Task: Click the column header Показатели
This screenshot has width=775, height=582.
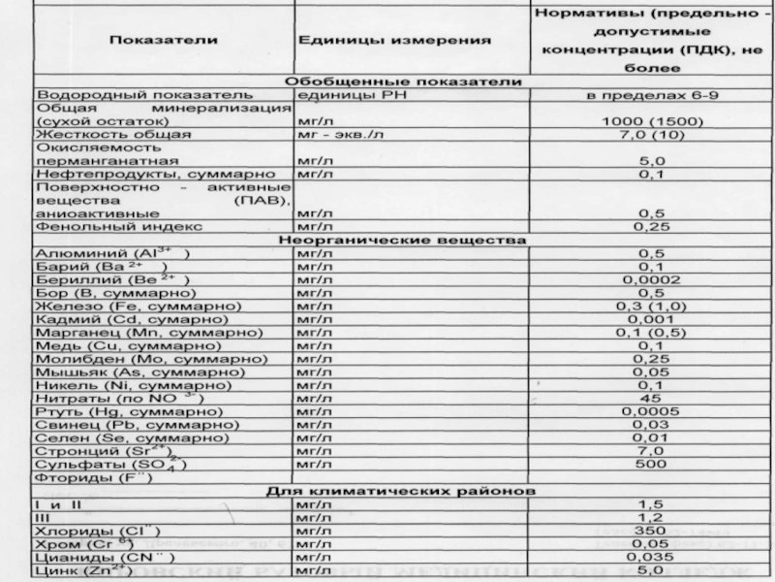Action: pos(163,40)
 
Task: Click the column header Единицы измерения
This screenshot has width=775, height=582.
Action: pos(392,40)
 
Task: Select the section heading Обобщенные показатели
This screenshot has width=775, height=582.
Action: pos(404,82)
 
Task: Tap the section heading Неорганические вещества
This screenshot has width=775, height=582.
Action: pos(402,239)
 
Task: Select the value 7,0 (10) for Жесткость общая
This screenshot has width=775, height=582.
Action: pos(650,135)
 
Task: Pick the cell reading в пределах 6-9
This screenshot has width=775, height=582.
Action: pos(650,96)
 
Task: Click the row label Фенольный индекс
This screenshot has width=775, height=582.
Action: pos(118,226)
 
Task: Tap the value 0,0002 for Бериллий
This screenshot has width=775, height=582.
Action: pos(650,279)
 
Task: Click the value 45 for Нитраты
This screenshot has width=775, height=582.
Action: pos(650,398)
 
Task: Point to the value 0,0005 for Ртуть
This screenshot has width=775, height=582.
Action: pos(650,411)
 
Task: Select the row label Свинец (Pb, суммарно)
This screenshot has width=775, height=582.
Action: pos(137,425)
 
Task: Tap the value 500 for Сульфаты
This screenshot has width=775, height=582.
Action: pos(650,464)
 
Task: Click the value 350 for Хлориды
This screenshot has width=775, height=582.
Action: pos(650,532)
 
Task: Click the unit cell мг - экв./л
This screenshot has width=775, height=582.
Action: pos(340,135)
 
